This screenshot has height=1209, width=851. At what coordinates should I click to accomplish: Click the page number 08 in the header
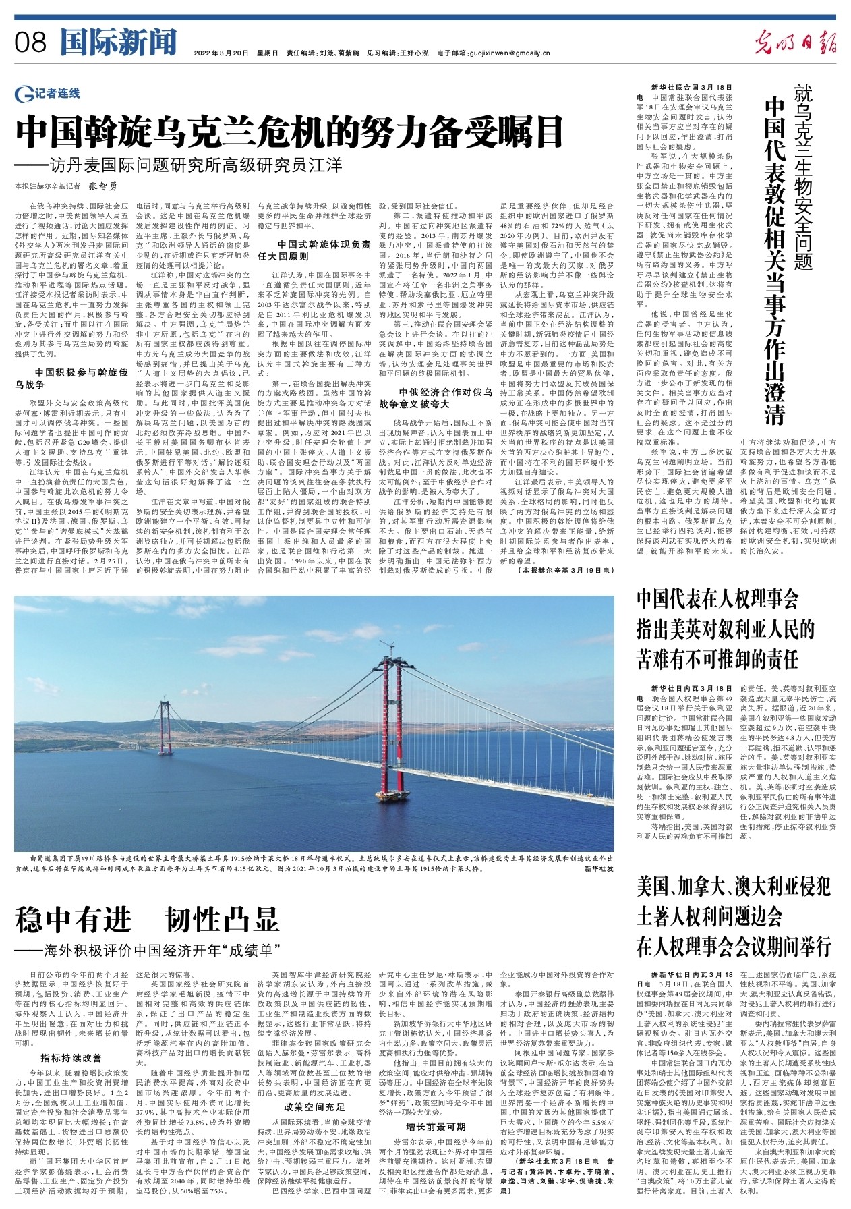tap(30, 43)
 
